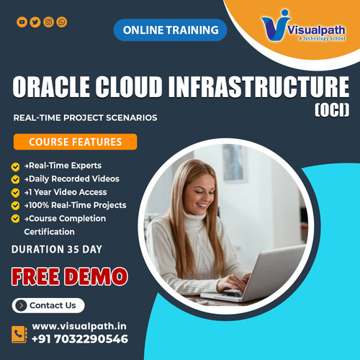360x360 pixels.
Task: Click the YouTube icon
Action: click(22, 22)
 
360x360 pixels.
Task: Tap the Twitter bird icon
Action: click(35, 22)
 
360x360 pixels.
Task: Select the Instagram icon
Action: click(48, 22)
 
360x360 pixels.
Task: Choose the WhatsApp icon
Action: click(62, 22)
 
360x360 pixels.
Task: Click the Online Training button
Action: click(170, 30)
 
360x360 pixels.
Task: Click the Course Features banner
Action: click(75, 142)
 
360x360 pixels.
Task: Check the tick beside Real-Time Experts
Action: click(15, 166)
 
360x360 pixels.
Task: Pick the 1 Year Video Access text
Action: click(68, 192)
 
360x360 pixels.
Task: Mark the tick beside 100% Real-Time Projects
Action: click(15, 205)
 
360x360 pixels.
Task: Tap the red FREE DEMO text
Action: click(70, 276)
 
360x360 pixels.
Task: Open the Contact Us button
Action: click(48, 305)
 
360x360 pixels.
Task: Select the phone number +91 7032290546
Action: click(80, 339)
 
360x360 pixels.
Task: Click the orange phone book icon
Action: click(19, 333)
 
